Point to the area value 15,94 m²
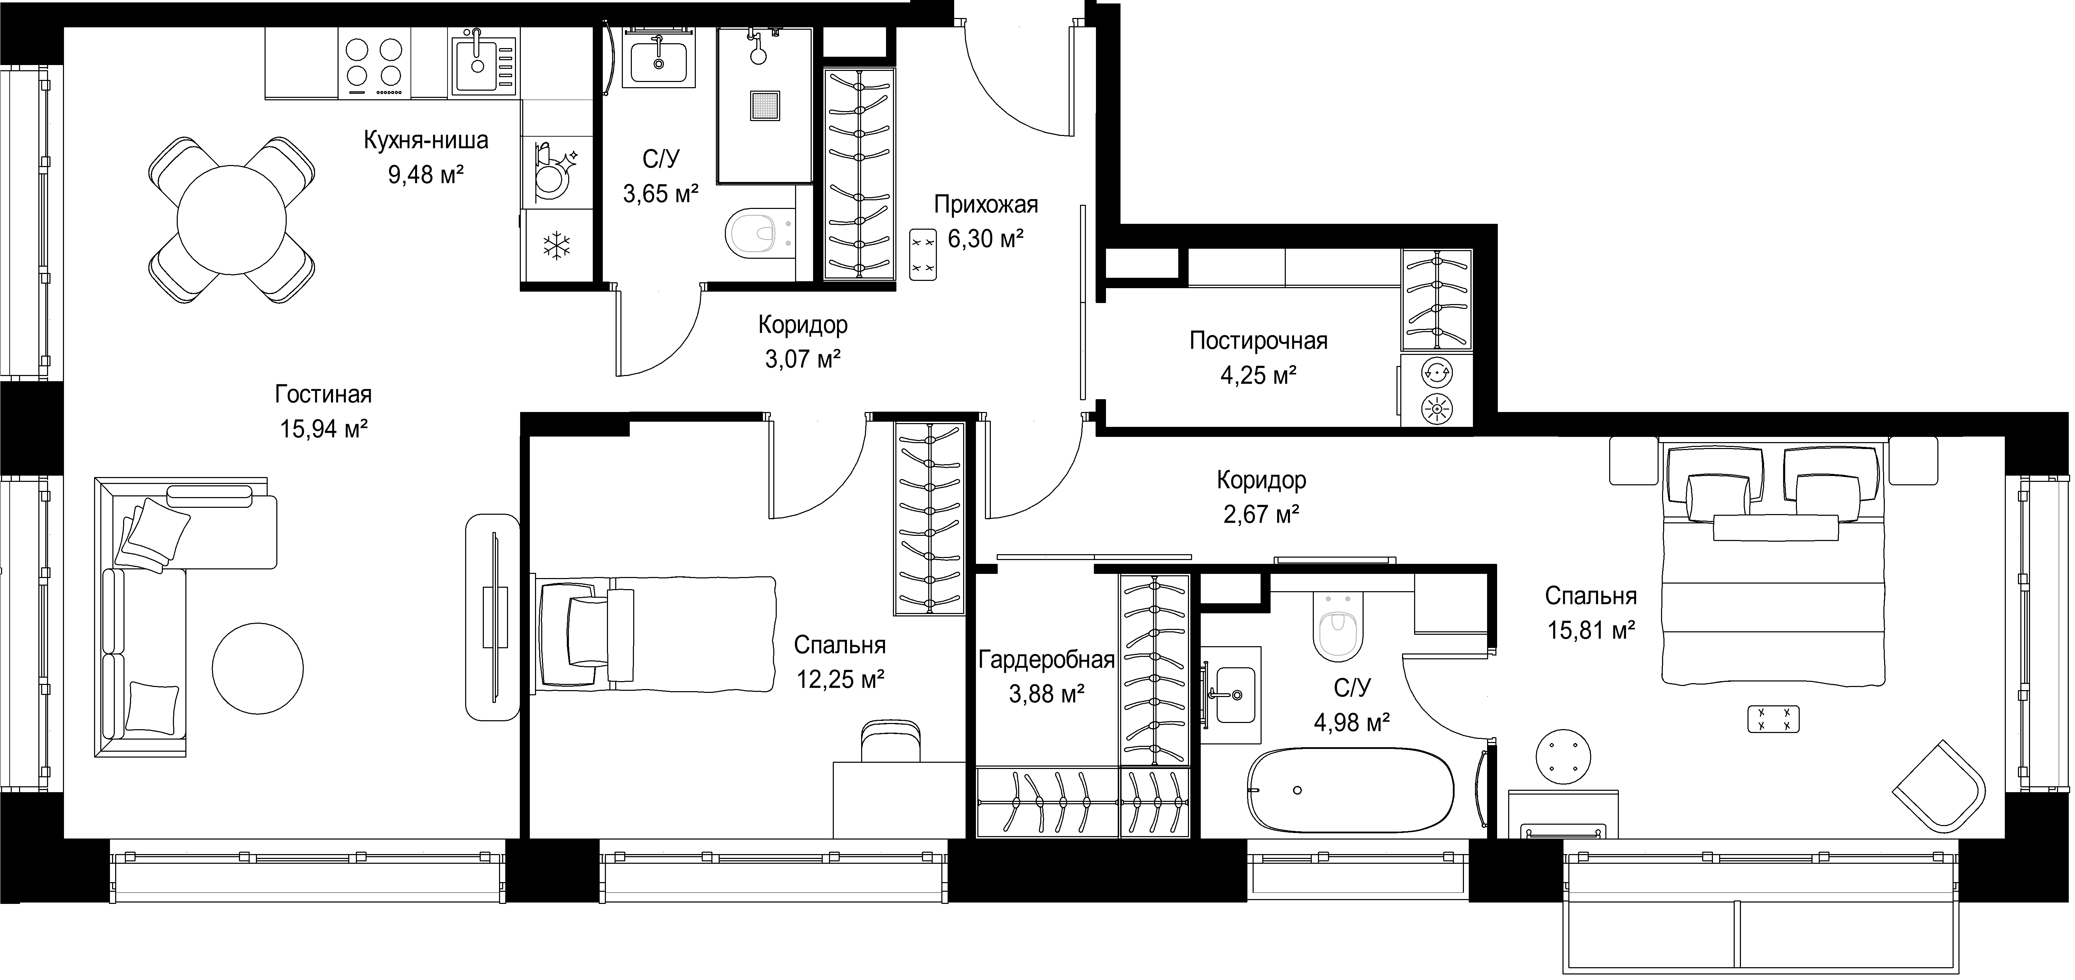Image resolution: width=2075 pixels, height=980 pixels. tap(324, 429)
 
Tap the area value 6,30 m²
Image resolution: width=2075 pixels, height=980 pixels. tap(986, 239)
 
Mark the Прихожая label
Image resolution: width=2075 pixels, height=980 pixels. tap(986, 205)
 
